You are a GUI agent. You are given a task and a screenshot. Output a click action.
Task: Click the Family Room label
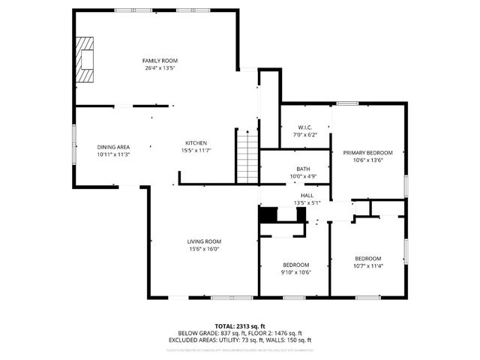(x=160, y=60)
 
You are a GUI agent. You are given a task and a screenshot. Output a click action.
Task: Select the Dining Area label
(x=113, y=146)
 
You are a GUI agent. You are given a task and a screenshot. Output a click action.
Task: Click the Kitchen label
(x=196, y=142)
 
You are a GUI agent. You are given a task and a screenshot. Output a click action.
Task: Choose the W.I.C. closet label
(x=304, y=127)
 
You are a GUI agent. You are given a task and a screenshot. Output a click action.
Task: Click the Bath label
(x=303, y=169)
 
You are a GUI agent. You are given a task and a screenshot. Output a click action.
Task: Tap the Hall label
(x=306, y=194)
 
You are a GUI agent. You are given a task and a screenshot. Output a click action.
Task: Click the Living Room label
(x=204, y=241)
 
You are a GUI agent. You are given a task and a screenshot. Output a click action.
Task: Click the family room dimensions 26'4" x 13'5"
(x=160, y=68)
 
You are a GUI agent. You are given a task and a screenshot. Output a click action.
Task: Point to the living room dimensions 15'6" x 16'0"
(x=204, y=249)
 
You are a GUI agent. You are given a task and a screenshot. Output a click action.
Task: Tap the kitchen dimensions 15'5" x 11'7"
(x=196, y=151)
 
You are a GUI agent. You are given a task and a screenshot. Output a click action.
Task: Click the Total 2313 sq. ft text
(x=240, y=325)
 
